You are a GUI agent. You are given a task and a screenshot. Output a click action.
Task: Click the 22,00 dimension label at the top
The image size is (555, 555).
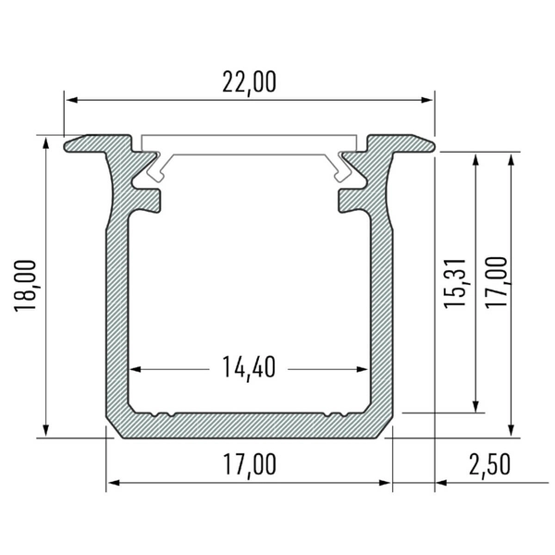(x=249, y=82)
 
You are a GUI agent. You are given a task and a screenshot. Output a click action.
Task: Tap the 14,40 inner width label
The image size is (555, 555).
(x=249, y=367)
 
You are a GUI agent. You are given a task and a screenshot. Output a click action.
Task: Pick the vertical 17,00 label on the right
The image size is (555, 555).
(x=499, y=282)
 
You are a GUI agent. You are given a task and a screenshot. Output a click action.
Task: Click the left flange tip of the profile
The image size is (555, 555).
(x=68, y=143)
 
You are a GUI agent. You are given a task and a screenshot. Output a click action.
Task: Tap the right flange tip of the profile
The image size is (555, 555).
(x=428, y=143)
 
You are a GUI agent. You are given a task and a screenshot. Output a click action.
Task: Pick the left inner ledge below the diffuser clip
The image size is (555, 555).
(x=148, y=198)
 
